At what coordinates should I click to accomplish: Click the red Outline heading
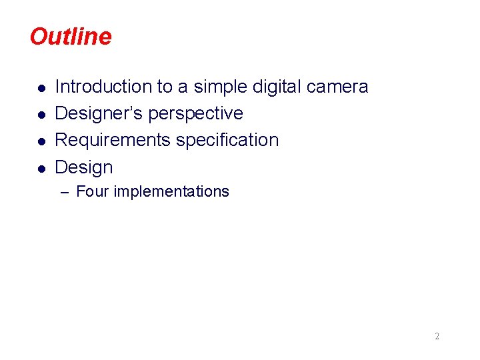coord(71,37)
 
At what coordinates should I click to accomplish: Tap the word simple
coord(219,87)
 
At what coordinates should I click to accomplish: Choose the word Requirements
coord(113,140)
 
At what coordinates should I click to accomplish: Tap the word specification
coord(227,140)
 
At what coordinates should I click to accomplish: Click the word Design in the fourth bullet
coord(84,167)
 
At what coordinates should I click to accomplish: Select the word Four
coord(93,192)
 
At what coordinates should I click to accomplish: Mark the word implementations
coord(171,192)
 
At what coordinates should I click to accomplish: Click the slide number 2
coord(437,337)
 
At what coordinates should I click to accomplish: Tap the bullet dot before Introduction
coord(41,88)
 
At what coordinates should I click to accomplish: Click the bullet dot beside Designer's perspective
coord(41,115)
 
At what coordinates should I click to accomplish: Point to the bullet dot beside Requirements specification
coord(41,141)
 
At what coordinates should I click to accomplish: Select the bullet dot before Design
coord(41,168)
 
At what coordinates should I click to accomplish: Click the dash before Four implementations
coord(65,193)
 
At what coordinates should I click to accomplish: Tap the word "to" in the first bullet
coord(164,87)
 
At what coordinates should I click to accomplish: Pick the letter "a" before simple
coord(182,87)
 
